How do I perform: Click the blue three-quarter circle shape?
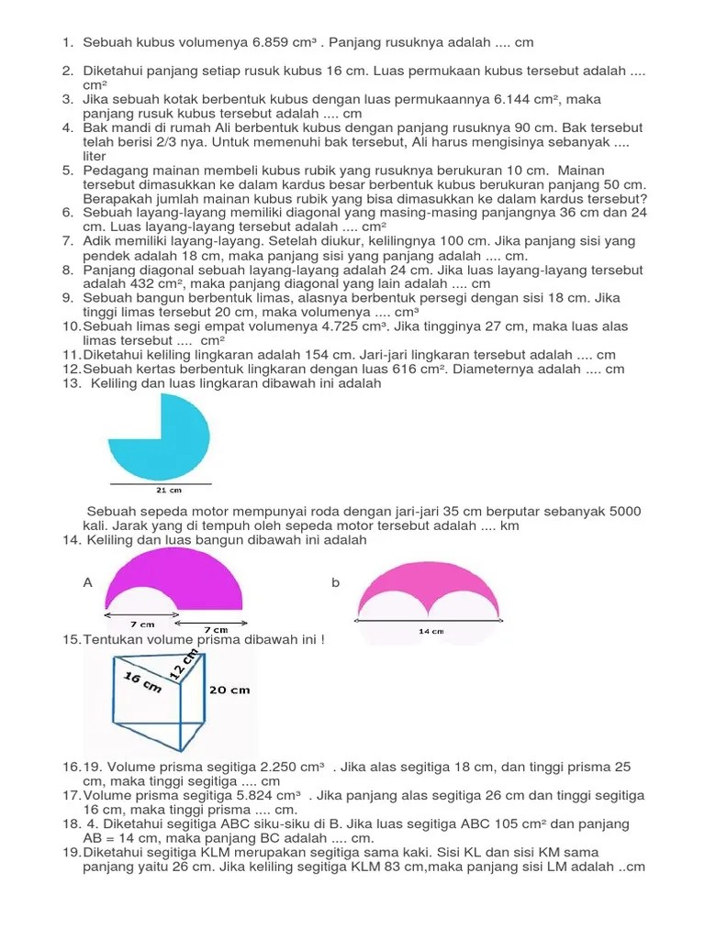(x=161, y=436)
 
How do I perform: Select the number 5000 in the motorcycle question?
(x=621, y=512)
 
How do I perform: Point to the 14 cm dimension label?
(x=431, y=631)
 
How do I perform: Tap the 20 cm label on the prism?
(x=229, y=690)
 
